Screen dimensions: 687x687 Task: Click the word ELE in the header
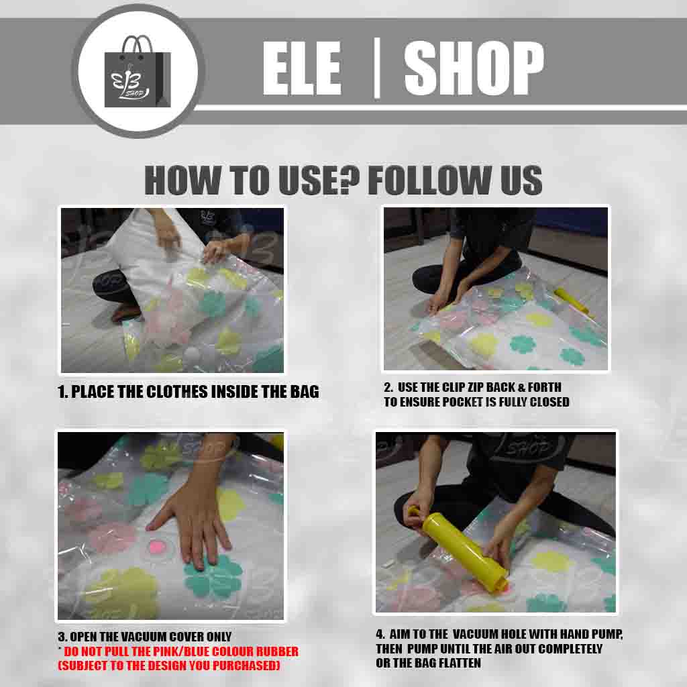coord(302,68)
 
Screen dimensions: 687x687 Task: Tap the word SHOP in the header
coord(474,68)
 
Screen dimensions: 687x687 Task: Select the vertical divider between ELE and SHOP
coord(376,68)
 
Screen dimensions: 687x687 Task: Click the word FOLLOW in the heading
coord(429,180)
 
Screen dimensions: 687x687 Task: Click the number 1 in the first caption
coord(61,392)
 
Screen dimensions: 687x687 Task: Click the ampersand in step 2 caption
coord(521,387)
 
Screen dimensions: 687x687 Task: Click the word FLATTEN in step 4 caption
coord(459,664)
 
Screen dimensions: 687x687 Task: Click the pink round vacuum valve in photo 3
coord(156,546)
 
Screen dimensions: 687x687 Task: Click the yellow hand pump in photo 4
coord(458,547)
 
